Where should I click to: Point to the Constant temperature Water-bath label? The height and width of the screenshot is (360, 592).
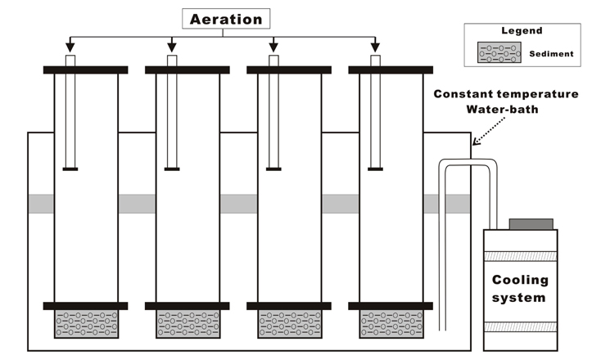511,101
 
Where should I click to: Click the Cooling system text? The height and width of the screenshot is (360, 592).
519,289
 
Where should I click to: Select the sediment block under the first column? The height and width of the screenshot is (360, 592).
85,323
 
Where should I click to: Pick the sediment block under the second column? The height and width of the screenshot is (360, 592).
187,323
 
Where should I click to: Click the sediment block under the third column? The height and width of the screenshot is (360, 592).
288,323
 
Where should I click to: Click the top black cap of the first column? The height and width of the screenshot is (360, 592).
85,70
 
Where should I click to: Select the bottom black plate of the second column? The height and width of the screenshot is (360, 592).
187,306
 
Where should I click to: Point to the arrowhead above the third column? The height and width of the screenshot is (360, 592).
273,46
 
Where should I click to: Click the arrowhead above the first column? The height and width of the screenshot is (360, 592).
70,46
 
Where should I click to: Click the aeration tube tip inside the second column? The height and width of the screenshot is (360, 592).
172,169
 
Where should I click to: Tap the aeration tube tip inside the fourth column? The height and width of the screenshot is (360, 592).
375,169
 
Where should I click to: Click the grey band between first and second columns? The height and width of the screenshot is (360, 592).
136,204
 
